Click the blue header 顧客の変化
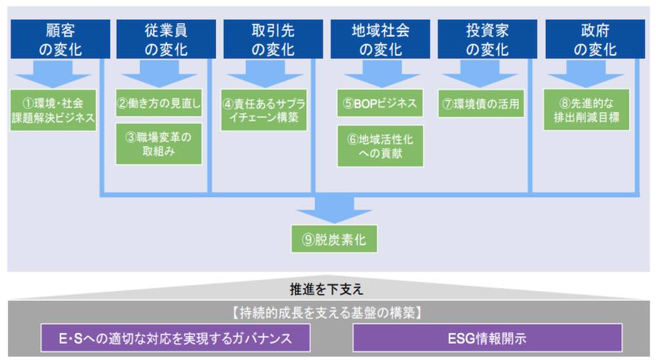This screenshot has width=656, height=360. tap(60, 39)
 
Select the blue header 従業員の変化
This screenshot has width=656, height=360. tap(166, 39)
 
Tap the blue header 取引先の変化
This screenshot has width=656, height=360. tap(273, 39)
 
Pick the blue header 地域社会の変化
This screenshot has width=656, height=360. tap(380, 39)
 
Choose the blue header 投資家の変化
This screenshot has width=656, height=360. tap(487, 39)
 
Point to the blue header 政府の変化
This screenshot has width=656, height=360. tap(595, 39)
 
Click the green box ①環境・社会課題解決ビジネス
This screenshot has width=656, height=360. tap(53, 110)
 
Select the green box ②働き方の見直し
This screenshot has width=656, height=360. tap(159, 103)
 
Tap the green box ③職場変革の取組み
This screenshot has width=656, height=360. tap(159, 144)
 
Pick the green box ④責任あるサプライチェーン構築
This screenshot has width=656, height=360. tap(264, 110)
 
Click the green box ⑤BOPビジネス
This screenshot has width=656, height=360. tap(380, 103)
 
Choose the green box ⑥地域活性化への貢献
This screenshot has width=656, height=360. tap(380, 146)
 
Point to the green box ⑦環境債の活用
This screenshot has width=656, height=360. tap(481, 103)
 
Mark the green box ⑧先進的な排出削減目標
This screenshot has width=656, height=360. tap(586, 110)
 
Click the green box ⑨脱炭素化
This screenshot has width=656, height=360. tap(335, 239)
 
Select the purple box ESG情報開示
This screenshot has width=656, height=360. tap(487, 338)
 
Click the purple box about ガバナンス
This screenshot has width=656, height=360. tap(175, 338)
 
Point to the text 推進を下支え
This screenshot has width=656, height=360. tap(326, 289)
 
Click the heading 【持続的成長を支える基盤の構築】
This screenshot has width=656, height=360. tap(327, 312)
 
